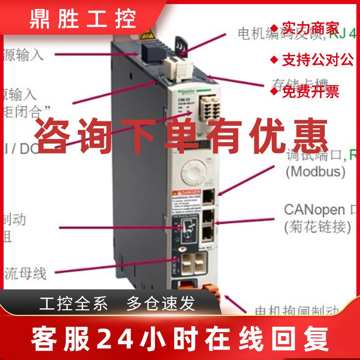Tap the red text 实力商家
click(310, 28)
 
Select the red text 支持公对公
click(318, 60)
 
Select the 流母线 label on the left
click(25, 272)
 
